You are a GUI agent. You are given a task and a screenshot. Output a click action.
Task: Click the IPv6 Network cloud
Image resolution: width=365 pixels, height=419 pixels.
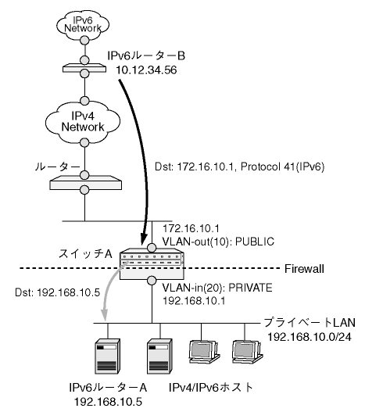(83, 24)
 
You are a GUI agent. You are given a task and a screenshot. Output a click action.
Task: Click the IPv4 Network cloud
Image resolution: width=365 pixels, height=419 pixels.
(83, 123)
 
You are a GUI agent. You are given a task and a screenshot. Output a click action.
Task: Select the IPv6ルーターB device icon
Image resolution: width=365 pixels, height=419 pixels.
(84, 69)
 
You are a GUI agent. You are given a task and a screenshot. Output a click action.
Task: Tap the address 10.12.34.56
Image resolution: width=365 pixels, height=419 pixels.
(146, 70)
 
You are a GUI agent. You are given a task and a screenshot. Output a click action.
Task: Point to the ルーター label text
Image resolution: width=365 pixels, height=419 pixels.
(58, 167)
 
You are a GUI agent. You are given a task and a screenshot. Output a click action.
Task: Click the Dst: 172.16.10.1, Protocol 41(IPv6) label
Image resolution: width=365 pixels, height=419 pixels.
(239, 167)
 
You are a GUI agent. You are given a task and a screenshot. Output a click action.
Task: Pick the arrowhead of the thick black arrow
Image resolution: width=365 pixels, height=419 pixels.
(144, 238)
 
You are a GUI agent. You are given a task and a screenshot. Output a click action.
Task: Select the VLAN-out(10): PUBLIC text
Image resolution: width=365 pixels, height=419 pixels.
(218, 242)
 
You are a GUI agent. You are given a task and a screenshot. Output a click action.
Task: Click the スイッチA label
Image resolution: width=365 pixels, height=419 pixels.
(85, 254)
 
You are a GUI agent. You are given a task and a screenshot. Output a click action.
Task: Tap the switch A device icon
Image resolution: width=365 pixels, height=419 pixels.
(152, 263)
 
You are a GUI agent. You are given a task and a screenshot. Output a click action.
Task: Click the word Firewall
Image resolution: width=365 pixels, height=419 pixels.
(304, 269)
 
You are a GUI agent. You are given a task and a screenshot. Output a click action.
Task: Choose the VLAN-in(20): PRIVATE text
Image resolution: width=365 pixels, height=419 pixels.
(217, 288)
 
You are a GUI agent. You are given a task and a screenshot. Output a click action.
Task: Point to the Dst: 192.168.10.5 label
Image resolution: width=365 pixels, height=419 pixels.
(58, 292)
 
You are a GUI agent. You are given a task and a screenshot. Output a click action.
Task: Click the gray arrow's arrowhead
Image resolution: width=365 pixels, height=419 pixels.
(105, 315)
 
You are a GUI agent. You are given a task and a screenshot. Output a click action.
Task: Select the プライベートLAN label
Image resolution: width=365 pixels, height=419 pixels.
(310, 323)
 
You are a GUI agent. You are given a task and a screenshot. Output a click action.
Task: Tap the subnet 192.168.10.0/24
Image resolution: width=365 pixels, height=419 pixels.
(310, 337)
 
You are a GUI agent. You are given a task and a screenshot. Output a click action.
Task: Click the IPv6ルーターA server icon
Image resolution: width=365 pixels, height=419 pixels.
(108, 356)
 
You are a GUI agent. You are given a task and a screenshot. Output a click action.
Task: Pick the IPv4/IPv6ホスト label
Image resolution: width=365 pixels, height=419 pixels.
(210, 388)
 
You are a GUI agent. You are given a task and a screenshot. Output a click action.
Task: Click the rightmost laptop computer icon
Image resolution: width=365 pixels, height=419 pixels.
(247, 352)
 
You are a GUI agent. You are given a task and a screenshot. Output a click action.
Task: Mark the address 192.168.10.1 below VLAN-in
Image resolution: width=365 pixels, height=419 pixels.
(194, 301)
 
